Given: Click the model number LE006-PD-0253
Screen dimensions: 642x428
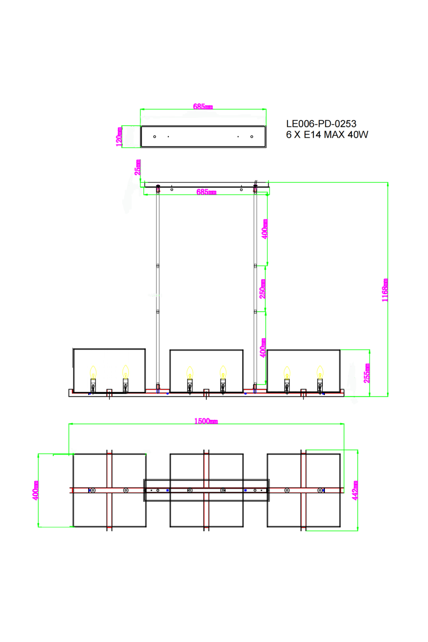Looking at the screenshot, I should click(x=321, y=124).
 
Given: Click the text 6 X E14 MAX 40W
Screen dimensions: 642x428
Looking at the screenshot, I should click(x=327, y=135).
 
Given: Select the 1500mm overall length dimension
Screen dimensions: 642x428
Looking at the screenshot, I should click(x=206, y=421).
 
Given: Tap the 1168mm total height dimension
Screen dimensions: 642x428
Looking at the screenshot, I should click(x=385, y=290).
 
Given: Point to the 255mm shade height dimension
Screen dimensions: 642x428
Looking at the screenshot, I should click(x=367, y=373).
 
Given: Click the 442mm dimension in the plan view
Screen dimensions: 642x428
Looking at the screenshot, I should click(x=355, y=490).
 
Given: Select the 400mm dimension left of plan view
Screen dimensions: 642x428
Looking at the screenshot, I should click(x=36, y=490).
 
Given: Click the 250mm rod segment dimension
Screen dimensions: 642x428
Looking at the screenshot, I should click(x=262, y=289).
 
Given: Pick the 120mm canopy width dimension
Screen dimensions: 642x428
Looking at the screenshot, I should click(x=119, y=137).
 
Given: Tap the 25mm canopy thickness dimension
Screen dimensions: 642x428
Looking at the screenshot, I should click(x=137, y=167).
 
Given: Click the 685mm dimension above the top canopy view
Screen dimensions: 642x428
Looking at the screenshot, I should click(x=203, y=107).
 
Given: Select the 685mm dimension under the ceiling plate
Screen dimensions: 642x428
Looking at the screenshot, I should click(x=206, y=192).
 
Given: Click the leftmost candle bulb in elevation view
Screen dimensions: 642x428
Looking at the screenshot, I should click(x=93, y=372).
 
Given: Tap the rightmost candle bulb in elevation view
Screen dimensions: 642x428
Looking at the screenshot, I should click(x=320, y=372).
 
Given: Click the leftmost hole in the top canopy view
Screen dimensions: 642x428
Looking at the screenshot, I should click(x=155, y=137).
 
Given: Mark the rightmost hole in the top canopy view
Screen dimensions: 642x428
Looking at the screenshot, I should click(x=252, y=137).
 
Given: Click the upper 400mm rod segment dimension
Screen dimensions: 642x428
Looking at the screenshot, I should click(x=265, y=229).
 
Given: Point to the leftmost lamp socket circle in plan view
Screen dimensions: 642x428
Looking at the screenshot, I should click(x=93, y=490).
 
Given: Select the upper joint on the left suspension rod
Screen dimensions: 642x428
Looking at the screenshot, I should click(x=158, y=266).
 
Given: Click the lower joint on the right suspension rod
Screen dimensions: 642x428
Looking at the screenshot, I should click(x=255, y=312).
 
